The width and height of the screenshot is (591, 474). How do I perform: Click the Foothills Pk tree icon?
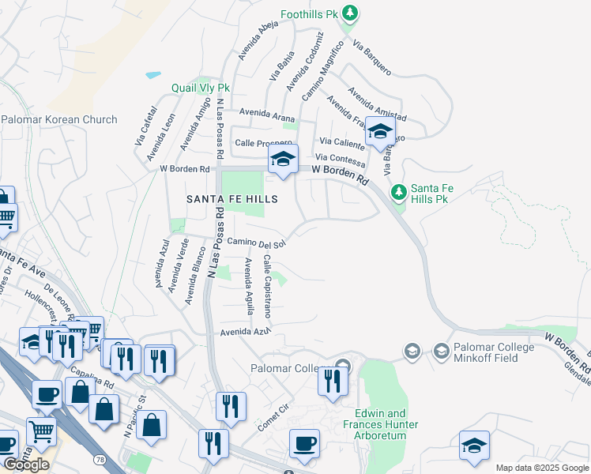coord(352,14)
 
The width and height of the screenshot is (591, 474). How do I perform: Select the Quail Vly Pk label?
coord(201,88)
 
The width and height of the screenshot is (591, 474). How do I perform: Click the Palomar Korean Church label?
coord(59,120)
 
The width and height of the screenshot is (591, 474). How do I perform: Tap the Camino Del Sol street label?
coord(256,243)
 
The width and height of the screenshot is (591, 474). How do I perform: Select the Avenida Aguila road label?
coord(249,285)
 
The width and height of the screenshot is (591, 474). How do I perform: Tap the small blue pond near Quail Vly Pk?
coord(152,76)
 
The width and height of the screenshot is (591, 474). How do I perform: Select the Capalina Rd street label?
coord(96,378)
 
